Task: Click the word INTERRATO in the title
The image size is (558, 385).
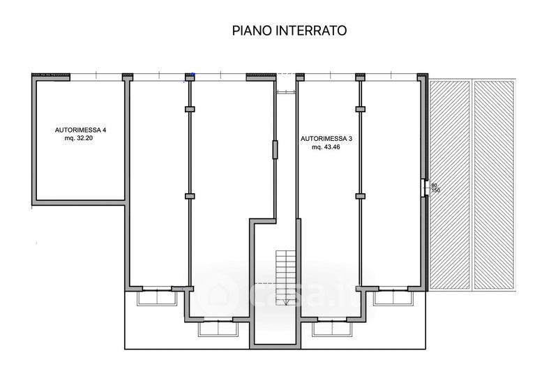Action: pos(313,31)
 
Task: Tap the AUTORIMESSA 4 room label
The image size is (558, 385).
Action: pos(81,130)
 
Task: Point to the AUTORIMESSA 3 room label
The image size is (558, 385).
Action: pos(326,139)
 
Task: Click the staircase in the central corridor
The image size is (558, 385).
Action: pos(287,266)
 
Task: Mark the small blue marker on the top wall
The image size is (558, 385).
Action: pos(195,76)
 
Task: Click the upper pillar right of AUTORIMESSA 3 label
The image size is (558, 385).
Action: pos(360,109)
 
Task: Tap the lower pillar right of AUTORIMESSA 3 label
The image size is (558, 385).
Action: pos(360,197)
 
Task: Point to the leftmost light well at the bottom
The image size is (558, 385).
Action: pos(156,298)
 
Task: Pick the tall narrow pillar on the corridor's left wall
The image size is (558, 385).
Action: pos(276,150)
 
